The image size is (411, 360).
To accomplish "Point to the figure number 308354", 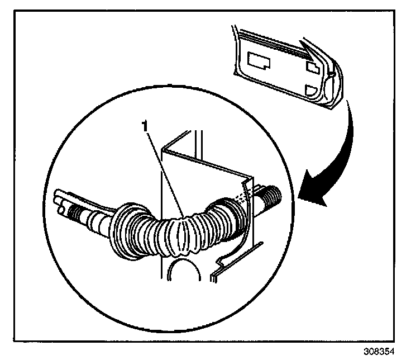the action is [x=382, y=350].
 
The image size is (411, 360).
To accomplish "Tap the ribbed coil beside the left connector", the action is [x=78, y=211].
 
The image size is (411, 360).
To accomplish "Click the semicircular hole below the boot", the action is [x=185, y=273].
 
